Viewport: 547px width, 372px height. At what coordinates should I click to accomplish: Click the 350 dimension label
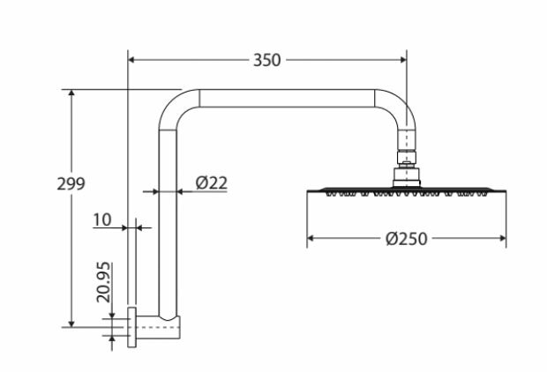tap(266, 60)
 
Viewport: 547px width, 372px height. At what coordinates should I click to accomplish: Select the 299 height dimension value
tap(71, 183)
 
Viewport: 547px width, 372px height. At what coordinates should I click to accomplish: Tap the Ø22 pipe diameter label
tap(212, 182)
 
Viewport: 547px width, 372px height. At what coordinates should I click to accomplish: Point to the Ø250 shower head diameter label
tap(407, 239)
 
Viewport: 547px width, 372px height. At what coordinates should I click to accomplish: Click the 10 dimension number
tap(102, 219)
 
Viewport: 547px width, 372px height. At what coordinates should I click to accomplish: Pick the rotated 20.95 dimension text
tap(103, 282)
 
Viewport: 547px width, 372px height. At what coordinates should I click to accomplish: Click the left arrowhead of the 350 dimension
tap(131, 60)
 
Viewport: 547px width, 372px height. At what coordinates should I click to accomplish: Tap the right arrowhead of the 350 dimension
tap(403, 60)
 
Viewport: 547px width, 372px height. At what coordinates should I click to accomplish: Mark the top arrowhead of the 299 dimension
tap(71, 93)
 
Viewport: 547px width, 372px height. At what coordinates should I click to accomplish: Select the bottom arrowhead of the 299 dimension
tap(71, 324)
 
